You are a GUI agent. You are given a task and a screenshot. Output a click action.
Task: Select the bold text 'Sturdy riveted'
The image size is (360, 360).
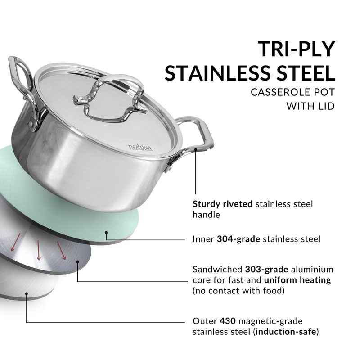(x=222, y=204)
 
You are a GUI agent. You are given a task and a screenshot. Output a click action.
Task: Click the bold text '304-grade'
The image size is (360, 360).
(x=238, y=239)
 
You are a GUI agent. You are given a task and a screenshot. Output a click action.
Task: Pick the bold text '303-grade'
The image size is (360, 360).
(x=267, y=270)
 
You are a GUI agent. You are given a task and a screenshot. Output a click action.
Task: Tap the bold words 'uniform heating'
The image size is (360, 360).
(x=297, y=280)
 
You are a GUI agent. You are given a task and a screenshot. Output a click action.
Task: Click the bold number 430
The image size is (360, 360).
(x=226, y=321)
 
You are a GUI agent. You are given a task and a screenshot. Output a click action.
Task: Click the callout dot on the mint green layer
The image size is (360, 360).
(x=107, y=233)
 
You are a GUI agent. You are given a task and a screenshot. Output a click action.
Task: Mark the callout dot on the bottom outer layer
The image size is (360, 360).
(x=27, y=294)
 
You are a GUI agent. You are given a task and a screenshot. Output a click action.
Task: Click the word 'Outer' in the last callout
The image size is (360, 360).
(x=205, y=321)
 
